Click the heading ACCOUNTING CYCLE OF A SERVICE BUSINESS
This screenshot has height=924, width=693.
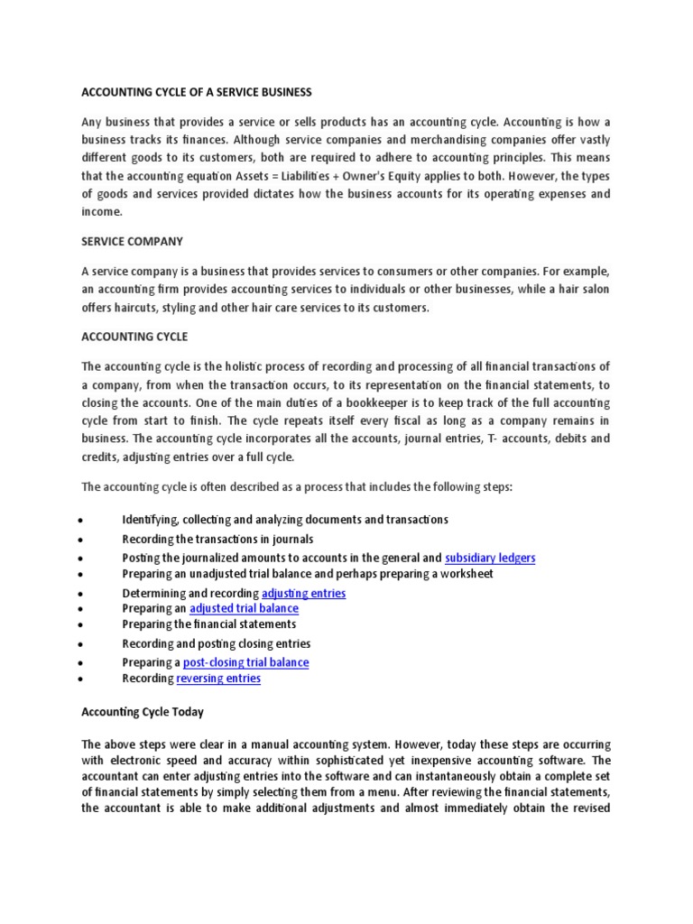tap(197, 92)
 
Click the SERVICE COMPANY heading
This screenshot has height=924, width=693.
tap(132, 242)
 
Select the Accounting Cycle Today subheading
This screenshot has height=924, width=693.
tap(143, 712)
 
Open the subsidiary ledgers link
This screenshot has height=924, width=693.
tap(490, 558)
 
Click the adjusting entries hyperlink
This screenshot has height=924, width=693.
tap(303, 593)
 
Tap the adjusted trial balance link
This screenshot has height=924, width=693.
tap(244, 609)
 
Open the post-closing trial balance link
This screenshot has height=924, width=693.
tap(245, 662)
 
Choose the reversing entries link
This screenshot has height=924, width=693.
tap(218, 679)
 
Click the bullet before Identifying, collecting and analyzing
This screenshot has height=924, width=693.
tap(82, 522)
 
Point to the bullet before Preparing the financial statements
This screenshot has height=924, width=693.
tap(82, 625)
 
